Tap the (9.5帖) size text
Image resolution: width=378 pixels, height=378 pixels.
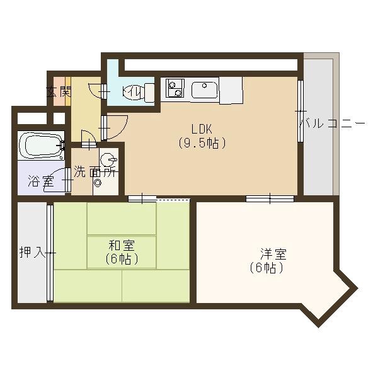(x=201, y=143)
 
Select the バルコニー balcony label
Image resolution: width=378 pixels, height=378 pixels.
(x=331, y=123)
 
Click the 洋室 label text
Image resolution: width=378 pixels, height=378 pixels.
(x=274, y=255)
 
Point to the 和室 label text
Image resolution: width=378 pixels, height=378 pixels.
(x=122, y=245)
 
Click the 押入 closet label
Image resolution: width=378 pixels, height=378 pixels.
(x=31, y=253)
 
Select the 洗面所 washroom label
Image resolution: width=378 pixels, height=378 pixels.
(x=94, y=171)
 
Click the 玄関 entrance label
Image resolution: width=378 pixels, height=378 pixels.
(x=59, y=92)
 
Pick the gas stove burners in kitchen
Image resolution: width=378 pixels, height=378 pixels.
(x=175, y=89)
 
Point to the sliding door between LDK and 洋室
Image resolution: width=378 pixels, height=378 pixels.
(x=269, y=198)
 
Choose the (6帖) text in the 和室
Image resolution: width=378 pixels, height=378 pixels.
(x=122, y=258)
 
